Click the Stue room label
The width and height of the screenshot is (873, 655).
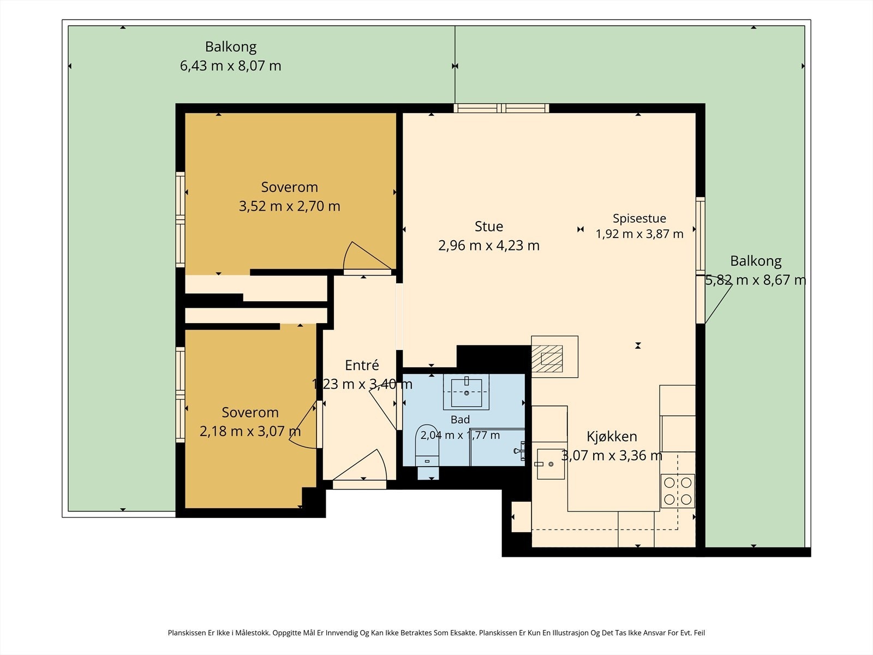(x=489, y=227)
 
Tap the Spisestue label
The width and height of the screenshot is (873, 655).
(x=639, y=218)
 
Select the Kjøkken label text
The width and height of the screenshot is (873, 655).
(x=612, y=436)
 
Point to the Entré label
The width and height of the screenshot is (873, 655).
(x=362, y=365)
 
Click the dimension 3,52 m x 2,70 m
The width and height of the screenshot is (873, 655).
(x=289, y=206)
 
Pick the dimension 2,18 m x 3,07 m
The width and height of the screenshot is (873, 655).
(x=250, y=431)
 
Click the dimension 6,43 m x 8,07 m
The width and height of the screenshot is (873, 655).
(x=230, y=65)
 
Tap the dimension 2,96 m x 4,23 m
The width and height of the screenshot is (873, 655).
(x=489, y=246)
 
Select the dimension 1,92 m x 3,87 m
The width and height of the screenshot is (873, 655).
(x=639, y=234)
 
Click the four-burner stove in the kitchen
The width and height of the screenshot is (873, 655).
(x=678, y=491)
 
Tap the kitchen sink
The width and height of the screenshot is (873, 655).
(x=551, y=464)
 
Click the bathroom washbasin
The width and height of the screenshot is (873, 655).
(x=466, y=392)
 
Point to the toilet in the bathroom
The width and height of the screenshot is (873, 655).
(x=427, y=451)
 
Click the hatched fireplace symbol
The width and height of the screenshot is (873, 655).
(x=547, y=358)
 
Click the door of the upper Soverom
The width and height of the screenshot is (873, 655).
(x=367, y=257)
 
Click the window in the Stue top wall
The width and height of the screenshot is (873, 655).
(x=501, y=108)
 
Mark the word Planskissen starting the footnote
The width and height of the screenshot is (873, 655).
(x=187, y=633)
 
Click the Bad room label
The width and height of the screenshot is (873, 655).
(x=460, y=420)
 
